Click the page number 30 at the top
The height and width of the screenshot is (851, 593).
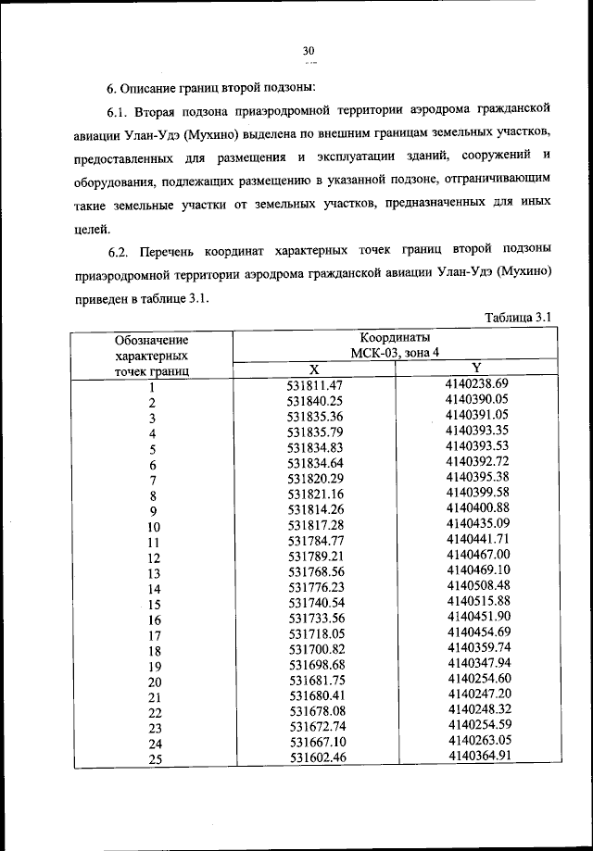(x=309, y=51)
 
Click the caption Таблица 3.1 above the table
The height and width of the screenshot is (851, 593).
(x=518, y=318)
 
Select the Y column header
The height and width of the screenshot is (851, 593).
(x=476, y=369)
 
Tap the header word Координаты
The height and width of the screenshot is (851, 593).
(x=395, y=338)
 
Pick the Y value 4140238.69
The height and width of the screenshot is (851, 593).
(x=477, y=383)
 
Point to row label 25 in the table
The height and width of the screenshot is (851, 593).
(x=155, y=760)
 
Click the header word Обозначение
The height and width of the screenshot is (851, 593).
(x=151, y=341)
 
